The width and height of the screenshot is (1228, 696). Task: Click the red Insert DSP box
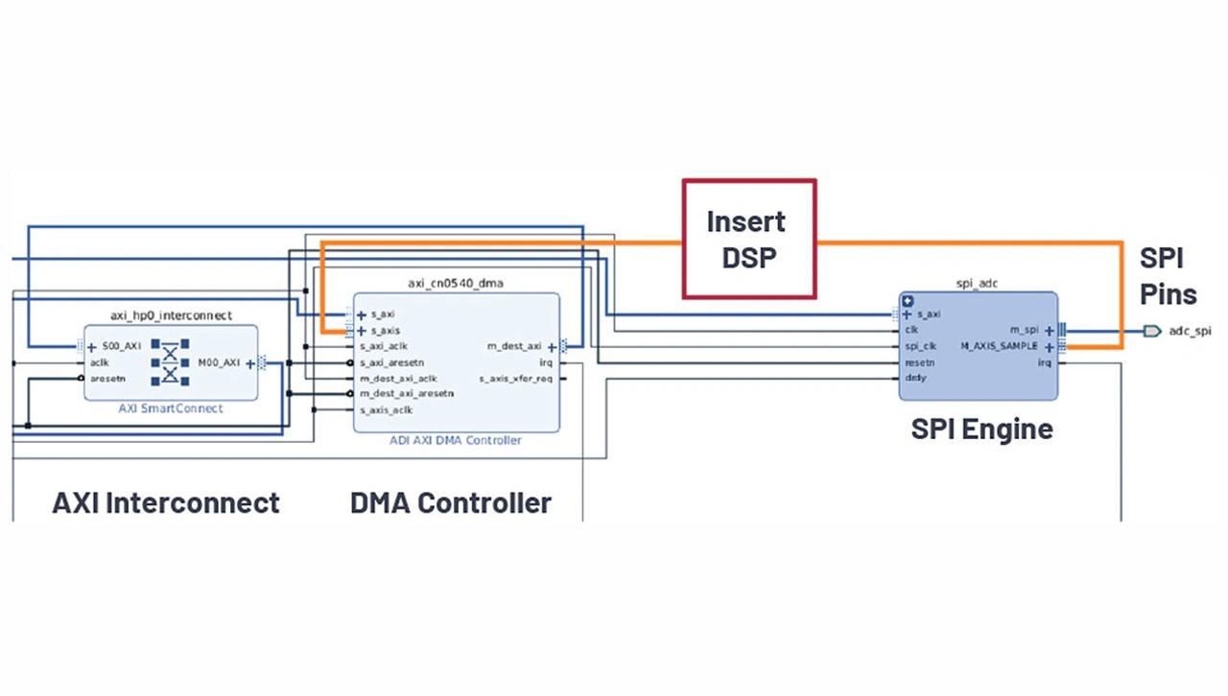(748, 239)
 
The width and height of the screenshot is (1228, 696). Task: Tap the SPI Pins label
(1168, 275)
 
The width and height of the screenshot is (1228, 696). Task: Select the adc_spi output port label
(1190, 331)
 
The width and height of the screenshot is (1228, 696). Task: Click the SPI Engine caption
(981, 429)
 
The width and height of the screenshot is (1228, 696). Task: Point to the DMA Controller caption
(451, 502)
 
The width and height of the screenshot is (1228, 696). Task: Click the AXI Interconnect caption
(166, 502)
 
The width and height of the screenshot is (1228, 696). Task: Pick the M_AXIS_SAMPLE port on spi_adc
(999, 346)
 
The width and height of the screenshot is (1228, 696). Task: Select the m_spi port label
(1024, 330)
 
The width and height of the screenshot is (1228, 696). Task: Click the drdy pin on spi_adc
(915, 378)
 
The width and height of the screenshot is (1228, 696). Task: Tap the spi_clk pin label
(920, 346)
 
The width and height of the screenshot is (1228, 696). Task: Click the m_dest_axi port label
(514, 346)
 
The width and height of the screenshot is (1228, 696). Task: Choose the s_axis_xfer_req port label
(515, 379)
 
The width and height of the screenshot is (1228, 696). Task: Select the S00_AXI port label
(122, 347)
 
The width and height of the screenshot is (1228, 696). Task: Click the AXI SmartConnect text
(171, 408)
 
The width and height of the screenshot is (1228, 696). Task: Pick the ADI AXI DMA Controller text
(456, 440)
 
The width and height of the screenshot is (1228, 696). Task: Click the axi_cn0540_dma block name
(456, 283)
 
